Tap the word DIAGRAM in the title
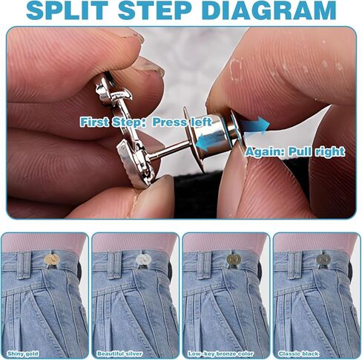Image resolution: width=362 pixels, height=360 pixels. click(271, 10)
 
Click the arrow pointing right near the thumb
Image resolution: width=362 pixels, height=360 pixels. click(255, 126)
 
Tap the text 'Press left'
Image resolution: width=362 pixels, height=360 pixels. click(182, 122)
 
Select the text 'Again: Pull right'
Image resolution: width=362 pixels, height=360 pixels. click(294, 151)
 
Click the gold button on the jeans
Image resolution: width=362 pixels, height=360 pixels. click(51, 259)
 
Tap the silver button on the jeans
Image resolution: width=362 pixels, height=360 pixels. click(143, 259)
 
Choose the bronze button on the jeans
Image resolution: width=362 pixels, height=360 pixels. click(234, 259)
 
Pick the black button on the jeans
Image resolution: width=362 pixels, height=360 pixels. click(323, 259)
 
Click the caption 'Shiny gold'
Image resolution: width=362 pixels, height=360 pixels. click(23, 353)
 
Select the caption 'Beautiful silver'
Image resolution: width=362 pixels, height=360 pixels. click(119, 353)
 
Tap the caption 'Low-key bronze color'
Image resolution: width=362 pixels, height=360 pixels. click(220, 353)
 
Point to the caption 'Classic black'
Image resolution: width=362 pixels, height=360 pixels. click(299, 353)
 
